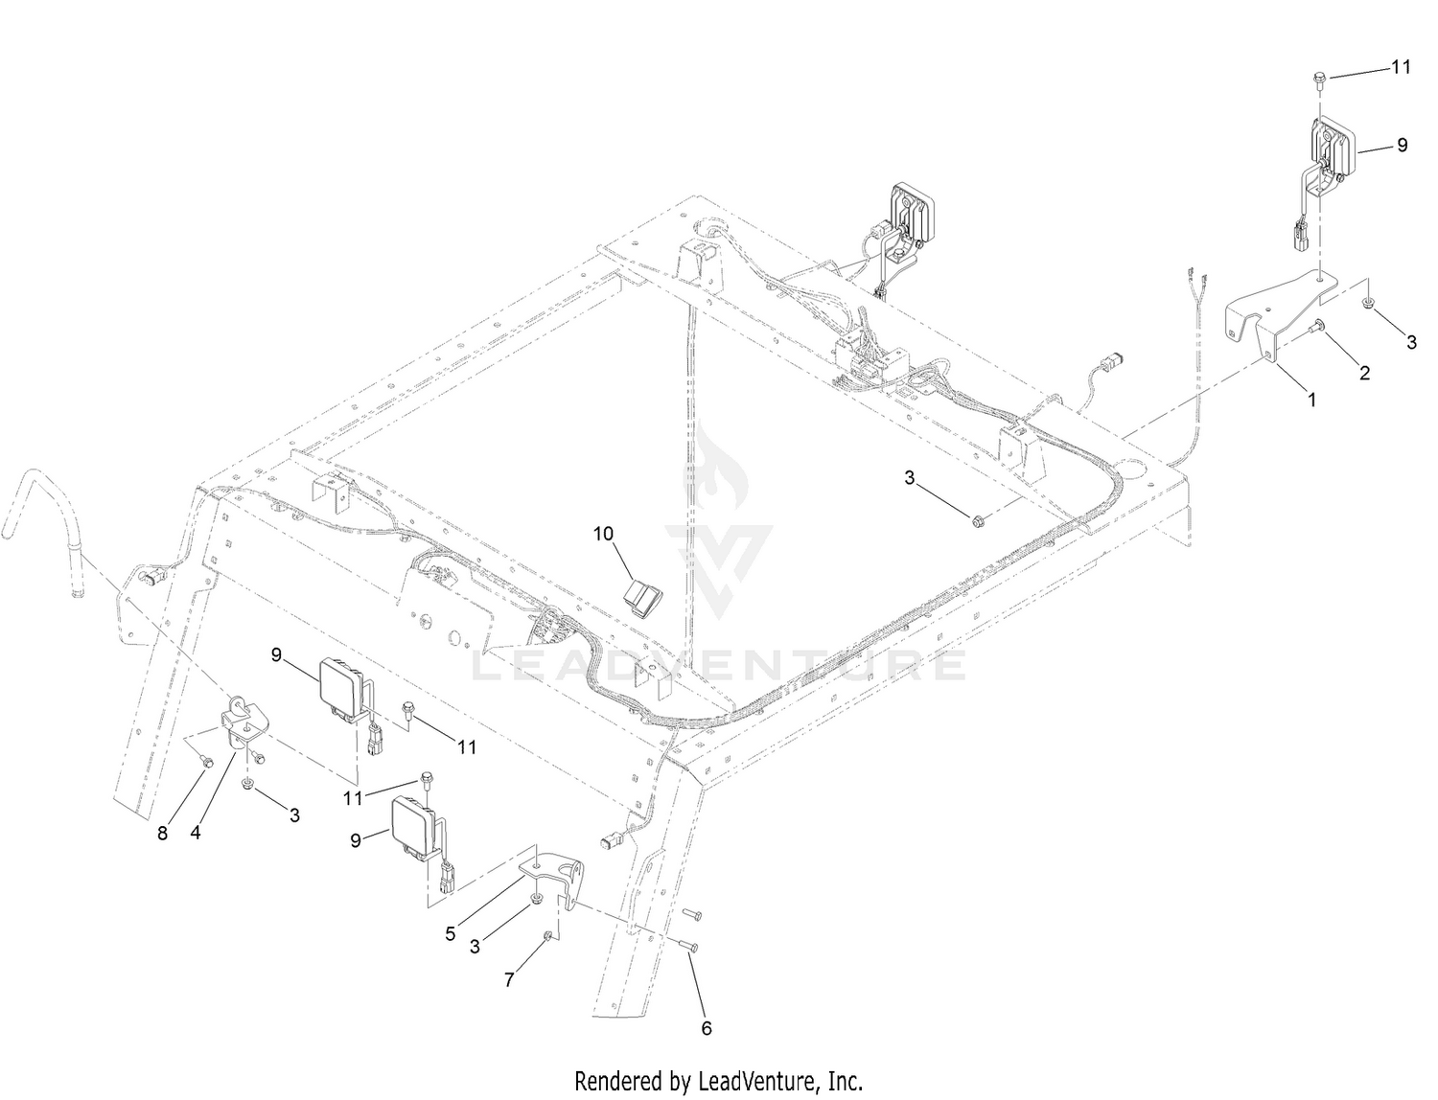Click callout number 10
(603, 535)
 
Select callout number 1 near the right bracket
(1311, 400)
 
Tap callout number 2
(1364, 374)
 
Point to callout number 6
(707, 1029)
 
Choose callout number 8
(162, 833)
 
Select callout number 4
(196, 833)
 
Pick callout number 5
(450, 934)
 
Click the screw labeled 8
(206, 760)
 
